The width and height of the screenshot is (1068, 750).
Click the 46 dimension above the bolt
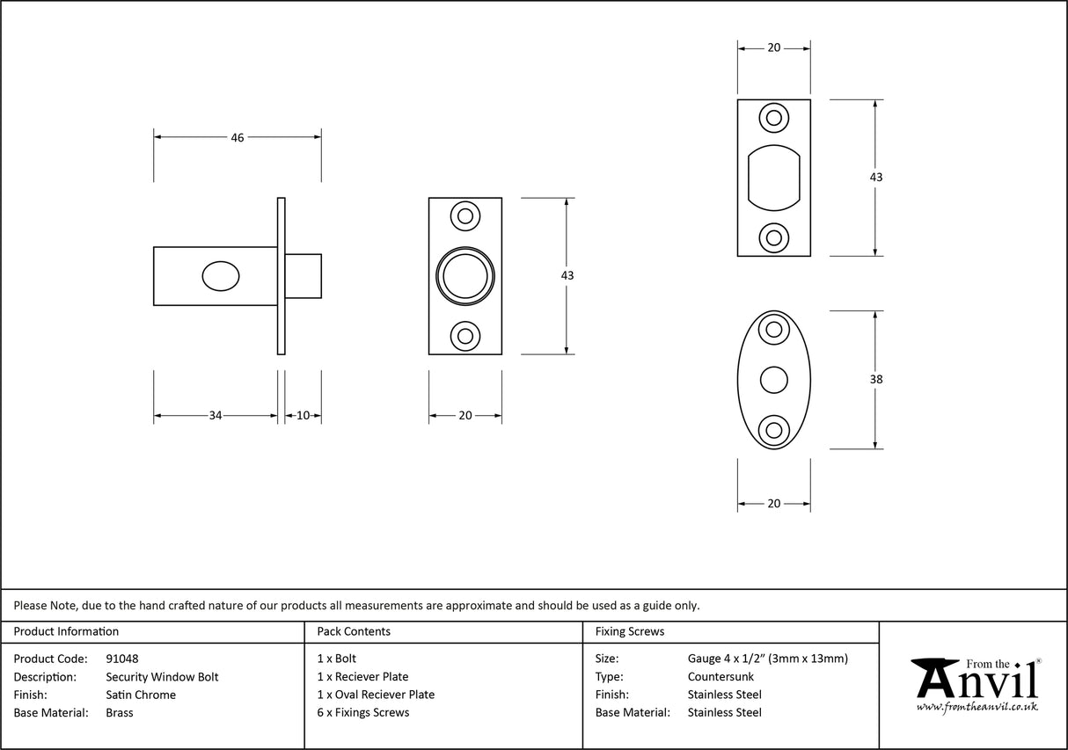pos(237,137)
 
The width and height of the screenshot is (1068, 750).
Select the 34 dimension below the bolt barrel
pos(216,415)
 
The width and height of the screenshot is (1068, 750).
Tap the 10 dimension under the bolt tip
pos(303,415)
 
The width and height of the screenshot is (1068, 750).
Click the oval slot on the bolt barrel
pos(220,276)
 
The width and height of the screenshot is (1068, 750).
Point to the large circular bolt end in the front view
pos(465,276)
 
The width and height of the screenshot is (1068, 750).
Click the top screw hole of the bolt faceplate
pos(465,215)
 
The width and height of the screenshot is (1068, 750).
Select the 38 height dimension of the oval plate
pos(875,380)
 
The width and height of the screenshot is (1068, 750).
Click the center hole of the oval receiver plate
pos(774,380)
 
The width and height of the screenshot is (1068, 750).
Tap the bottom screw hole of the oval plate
pos(774,430)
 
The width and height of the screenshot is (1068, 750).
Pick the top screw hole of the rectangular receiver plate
pos(774,117)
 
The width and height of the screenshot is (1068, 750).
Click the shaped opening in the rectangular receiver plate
pos(774,177)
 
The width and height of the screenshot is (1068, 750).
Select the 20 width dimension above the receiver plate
pos(773,48)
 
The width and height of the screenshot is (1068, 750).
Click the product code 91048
pos(121,659)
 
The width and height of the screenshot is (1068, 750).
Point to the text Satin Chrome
pos(141,695)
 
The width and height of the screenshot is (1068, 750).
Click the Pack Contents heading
pos(354,631)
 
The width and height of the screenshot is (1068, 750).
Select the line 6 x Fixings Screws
pos(362,712)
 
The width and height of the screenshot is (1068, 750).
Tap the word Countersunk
pos(721,677)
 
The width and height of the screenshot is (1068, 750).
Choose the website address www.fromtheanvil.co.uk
pos(977,706)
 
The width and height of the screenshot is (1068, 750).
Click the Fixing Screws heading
pos(630,631)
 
